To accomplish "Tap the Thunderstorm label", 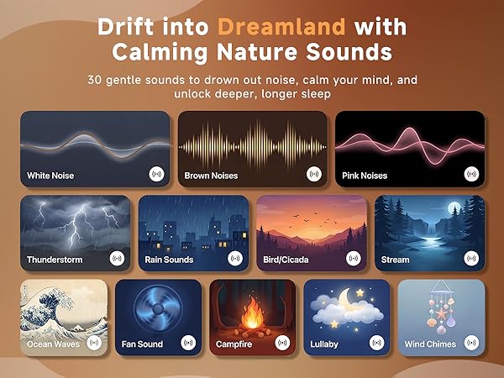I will click(55, 260).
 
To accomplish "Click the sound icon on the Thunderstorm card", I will click(117, 259).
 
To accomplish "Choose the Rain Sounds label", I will click(170, 260).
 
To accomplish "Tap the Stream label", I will click(395, 260).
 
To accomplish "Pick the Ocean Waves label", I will click(50, 344).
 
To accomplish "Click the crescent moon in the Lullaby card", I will click(344, 297).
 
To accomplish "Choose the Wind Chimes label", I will click(430, 344).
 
